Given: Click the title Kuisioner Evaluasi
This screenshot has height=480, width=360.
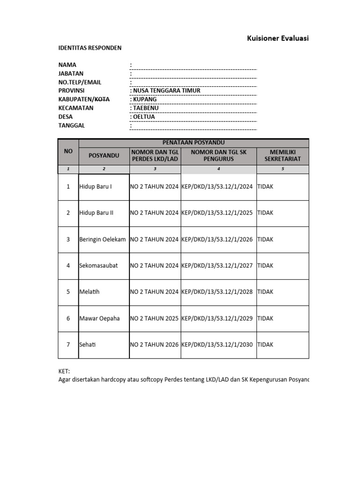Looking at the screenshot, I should (277, 38).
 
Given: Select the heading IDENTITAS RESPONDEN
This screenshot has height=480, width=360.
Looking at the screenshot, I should (90, 48).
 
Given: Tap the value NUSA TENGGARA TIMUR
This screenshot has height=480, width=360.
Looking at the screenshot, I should (166, 91).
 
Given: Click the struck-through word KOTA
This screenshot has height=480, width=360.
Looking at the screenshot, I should (102, 99).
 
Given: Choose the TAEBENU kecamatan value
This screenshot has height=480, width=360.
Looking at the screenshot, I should (146, 108).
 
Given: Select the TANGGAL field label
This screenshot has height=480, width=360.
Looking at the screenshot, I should (71, 126).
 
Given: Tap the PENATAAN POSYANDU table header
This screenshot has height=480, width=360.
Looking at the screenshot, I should (194, 142).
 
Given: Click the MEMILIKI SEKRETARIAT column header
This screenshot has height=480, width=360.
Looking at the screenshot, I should (282, 155).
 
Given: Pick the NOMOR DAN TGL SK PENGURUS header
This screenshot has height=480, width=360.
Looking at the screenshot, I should (218, 155).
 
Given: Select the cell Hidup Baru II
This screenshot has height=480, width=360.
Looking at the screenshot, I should (97, 213).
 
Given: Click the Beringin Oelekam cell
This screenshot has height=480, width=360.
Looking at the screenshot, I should (103, 239).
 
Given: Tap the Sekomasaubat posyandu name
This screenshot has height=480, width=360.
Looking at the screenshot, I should (98, 265).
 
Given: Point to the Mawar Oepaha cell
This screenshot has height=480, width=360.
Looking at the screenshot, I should (99, 318).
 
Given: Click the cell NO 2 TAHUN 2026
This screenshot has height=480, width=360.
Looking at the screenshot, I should (154, 345).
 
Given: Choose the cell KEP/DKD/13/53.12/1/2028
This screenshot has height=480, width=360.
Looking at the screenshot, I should (217, 292).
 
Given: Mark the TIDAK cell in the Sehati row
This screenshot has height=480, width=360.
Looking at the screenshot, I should (265, 345).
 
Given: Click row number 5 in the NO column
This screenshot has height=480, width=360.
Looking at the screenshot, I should (68, 292).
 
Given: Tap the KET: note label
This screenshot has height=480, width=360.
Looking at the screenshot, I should (64, 371).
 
